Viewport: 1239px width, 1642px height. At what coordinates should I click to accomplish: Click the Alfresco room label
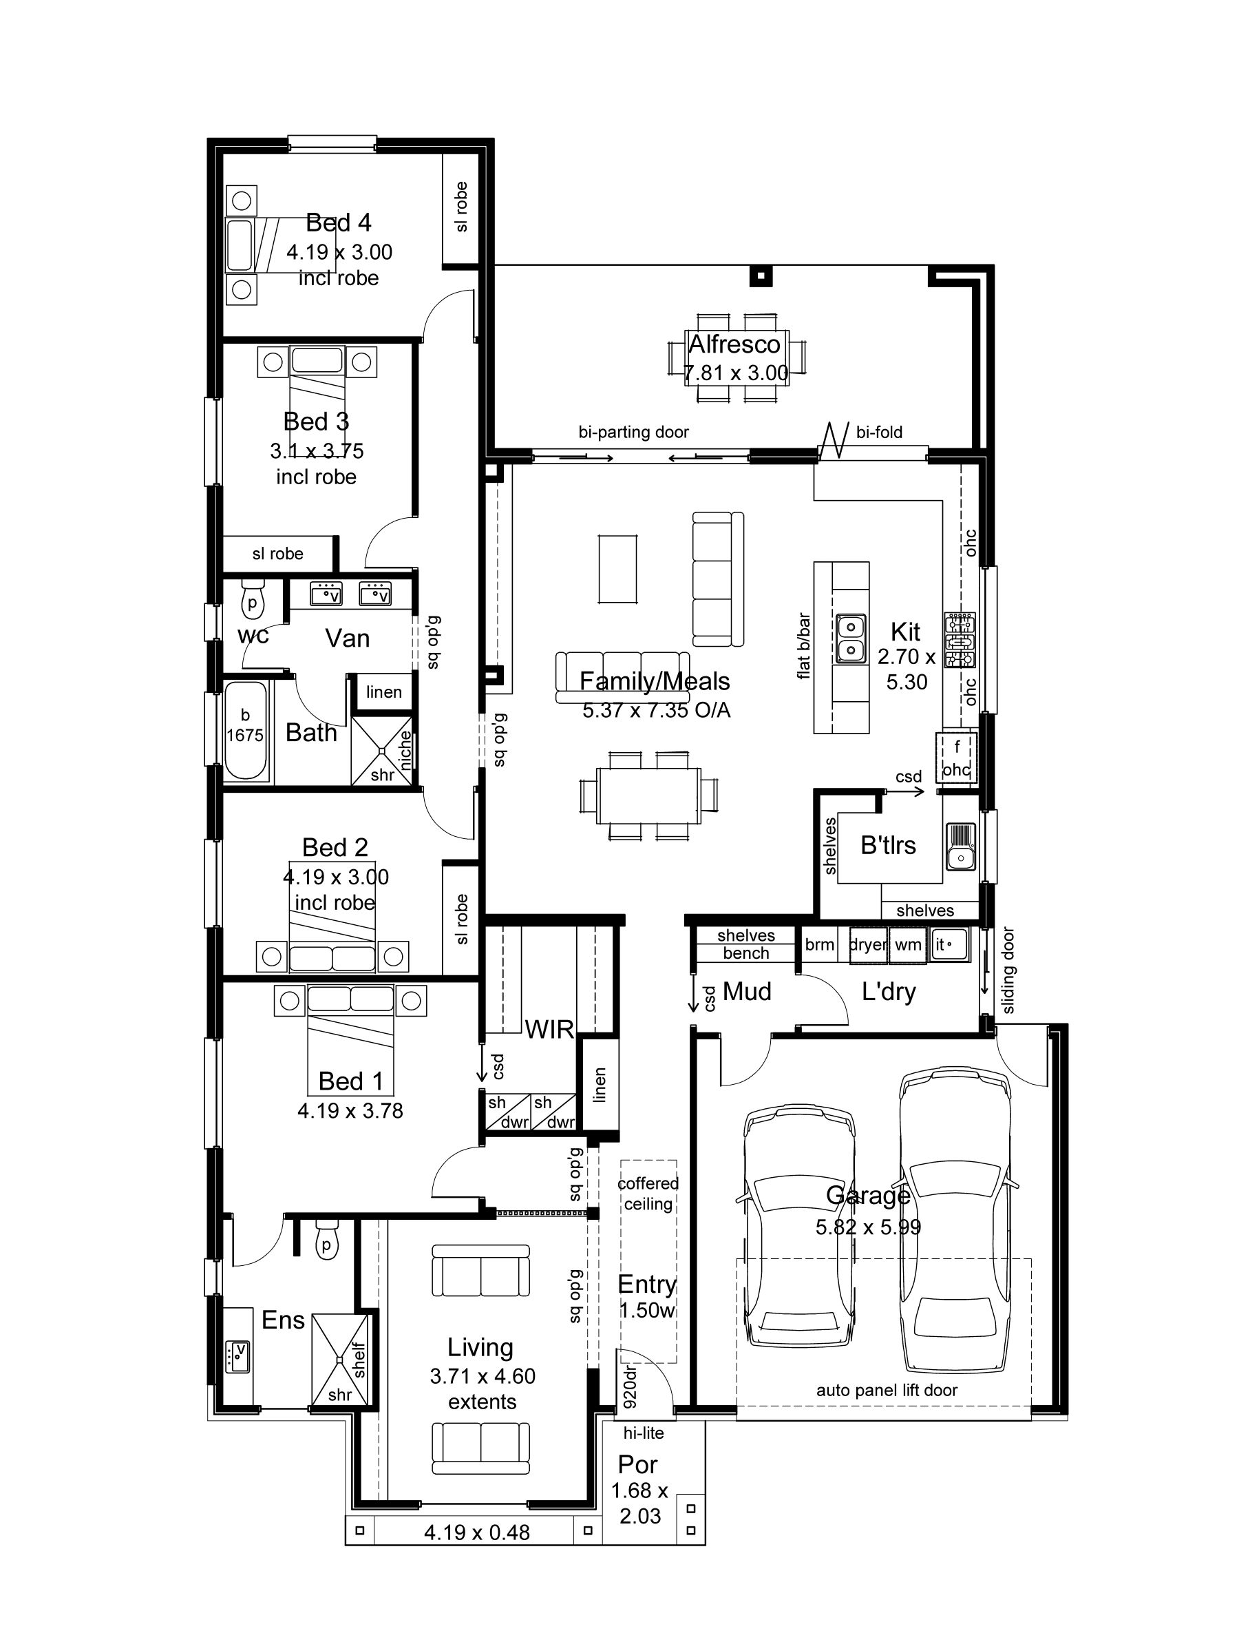point(734,344)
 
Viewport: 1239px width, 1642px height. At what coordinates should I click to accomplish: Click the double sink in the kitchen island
point(850,638)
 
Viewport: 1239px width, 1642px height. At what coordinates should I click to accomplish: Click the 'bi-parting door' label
point(633,432)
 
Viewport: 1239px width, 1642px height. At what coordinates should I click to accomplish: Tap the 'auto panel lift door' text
point(887,1391)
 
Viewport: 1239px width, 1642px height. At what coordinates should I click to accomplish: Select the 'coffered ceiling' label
point(648,1194)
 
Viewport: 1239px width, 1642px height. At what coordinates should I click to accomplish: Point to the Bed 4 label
point(338,222)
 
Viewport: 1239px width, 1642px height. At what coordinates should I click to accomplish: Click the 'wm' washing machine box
point(908,945)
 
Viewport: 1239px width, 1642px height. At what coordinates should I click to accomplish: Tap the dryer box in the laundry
point(869,945)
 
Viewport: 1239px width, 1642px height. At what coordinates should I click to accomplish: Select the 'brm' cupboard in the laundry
point(820,944)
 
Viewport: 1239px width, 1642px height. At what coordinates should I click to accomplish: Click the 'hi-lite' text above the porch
point(643,1433)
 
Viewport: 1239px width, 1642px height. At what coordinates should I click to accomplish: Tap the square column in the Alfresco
point(759,277)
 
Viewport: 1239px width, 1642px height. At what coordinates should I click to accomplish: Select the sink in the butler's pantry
point(961,846)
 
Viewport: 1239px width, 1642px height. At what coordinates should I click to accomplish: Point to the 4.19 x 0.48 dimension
point(476,1526)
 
